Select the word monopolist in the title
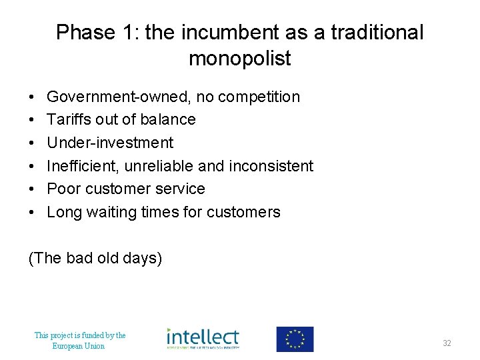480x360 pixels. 240,59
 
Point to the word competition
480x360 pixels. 259,97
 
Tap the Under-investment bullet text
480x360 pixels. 110,143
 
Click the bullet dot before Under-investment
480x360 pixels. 32,143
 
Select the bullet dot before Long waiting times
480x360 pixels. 32,213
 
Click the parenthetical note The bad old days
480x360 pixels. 95,258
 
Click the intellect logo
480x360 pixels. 203,339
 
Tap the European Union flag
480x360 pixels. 295,339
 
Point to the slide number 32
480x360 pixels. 447,343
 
